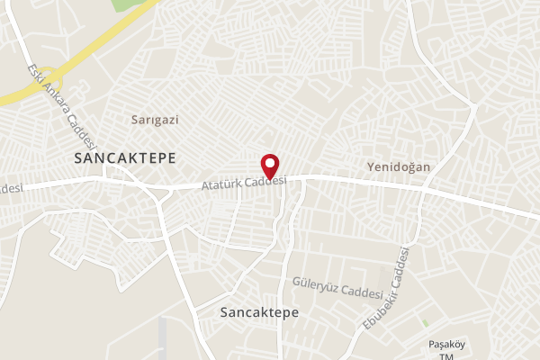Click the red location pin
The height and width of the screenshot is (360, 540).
[x=270, y=166]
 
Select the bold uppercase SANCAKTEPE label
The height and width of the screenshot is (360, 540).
[x=124, y=157]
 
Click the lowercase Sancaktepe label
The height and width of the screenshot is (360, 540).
[x=258, y=311]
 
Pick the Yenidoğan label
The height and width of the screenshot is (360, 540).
[x=399, y=167]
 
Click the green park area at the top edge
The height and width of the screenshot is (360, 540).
[x=131, y=4]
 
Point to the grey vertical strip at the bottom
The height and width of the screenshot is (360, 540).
[x=163, y=337]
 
